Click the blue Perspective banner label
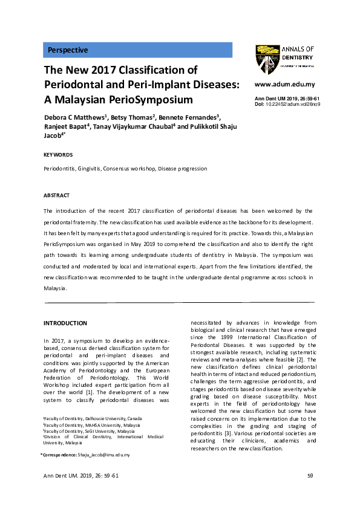68,50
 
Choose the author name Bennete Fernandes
193,117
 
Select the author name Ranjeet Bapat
65,126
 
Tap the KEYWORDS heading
59,155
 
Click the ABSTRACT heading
57,195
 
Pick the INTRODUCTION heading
66,323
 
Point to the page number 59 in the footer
310,476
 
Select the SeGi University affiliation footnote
89,431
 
